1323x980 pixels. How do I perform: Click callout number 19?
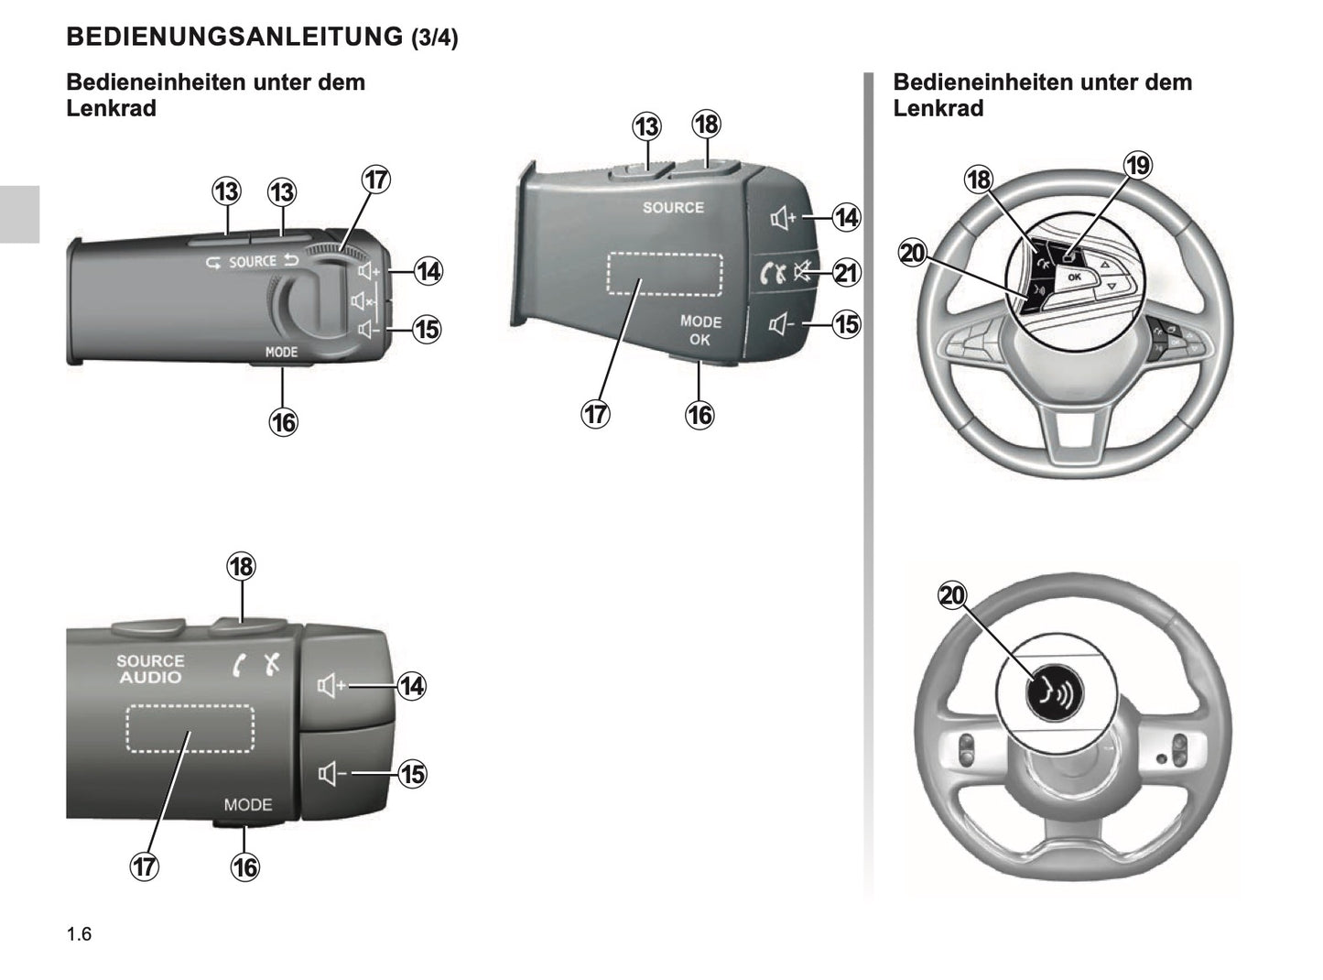click(1138, 166)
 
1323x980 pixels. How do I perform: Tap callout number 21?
click(846, 273)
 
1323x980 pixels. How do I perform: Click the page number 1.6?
click(79, 934)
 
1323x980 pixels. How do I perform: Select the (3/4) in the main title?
click(434, 38)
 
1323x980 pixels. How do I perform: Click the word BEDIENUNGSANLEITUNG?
click(234, 37)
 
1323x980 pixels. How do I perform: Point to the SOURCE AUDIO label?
click(150, 670)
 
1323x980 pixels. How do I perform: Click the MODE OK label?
click(700, 331)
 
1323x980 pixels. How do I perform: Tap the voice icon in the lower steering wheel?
click(1054, 693)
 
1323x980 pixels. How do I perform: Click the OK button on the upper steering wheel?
click(1074, 277)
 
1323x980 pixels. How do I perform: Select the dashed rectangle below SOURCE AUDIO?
click(190, 728)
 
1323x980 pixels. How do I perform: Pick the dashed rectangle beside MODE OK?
click(665, 273)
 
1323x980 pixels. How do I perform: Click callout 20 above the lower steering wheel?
click(952, 595)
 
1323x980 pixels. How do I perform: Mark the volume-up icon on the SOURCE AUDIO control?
click(331, 685)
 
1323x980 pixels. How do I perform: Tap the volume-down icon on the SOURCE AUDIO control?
click(331, 775)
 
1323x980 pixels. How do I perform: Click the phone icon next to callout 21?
click(773, 273)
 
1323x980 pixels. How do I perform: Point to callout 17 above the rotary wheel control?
click(375, 180)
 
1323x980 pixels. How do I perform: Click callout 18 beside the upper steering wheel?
click(979, 180)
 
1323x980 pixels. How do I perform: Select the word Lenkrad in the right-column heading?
click(938, 108)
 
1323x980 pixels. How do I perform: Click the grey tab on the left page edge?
click(19, 213)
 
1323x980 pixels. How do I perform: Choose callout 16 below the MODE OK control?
click(699, 415)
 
